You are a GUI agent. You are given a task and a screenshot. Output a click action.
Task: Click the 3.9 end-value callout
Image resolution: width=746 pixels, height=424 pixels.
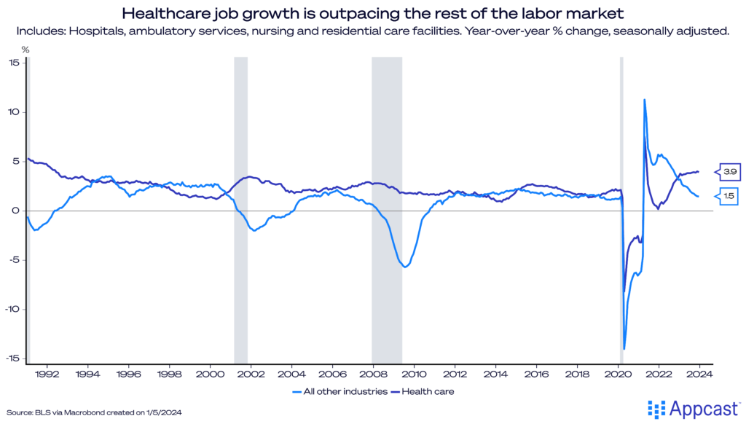click(729, 172)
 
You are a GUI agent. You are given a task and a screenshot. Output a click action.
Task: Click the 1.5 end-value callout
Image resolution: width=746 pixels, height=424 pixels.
click(729, 196)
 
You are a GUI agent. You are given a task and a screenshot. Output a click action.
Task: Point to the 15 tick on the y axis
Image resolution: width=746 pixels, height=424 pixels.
click(14, 62)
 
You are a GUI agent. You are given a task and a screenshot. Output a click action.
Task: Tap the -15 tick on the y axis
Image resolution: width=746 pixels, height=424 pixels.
click(12, 358)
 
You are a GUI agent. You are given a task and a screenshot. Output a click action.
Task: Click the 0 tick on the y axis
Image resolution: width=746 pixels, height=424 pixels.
click(16, 211)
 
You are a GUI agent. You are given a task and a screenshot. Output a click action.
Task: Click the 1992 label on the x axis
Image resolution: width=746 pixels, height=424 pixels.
click(47, 374)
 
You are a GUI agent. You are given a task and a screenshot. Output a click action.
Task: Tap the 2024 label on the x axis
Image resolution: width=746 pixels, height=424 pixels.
click(699, 374)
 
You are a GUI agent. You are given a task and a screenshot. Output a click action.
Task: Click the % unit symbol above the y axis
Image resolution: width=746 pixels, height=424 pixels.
click(25, 49)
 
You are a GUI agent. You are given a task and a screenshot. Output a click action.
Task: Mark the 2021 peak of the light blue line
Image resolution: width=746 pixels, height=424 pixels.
click(644, 100)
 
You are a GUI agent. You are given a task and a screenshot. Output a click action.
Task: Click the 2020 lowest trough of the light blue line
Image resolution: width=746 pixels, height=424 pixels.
click(624, 348)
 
